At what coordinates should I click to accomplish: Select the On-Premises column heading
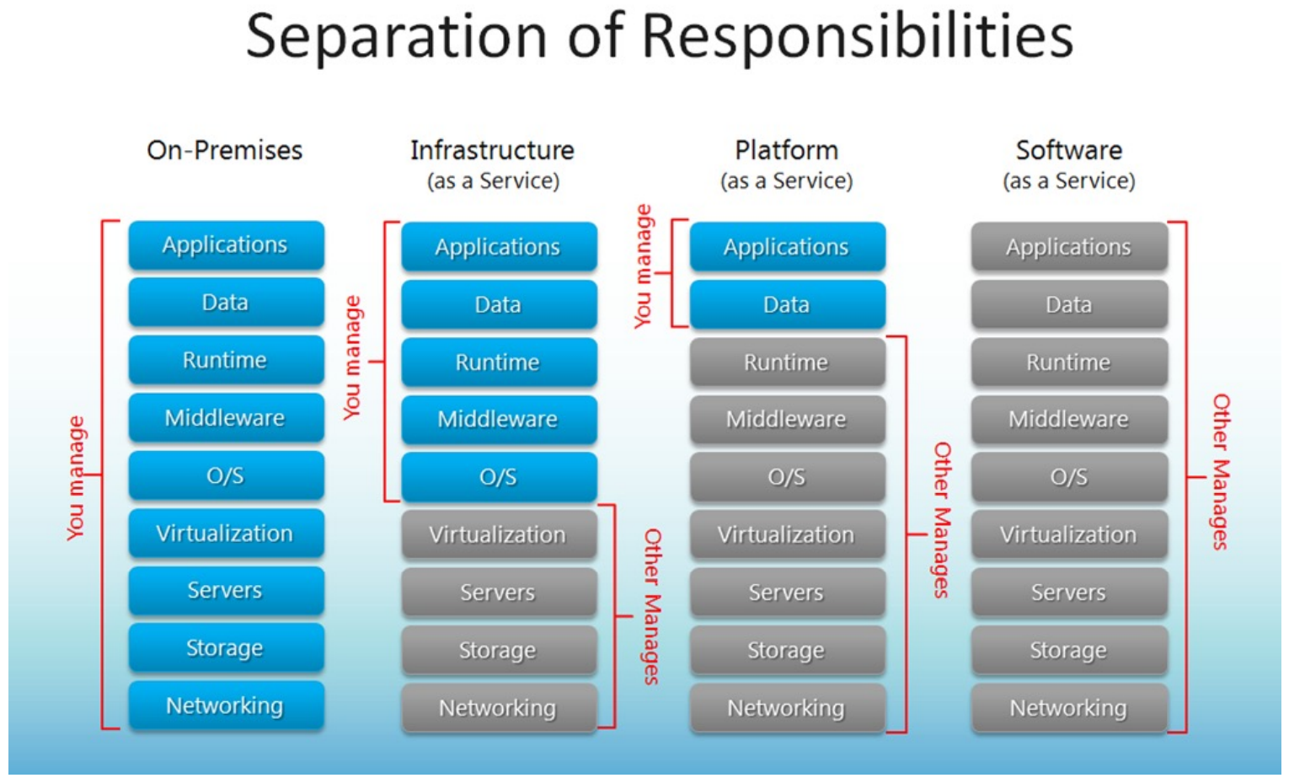click(x=224, y=150)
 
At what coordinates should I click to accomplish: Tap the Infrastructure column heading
click(x=492, y=150)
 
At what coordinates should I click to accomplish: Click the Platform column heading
click(x=786, y=150)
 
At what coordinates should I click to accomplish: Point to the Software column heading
click(x=1068, y=150)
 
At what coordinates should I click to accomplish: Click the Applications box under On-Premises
click(x=226, y=244)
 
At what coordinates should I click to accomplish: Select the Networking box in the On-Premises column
click(x=226, y=706)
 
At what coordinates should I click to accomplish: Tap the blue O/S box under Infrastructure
click(x=499, y=477)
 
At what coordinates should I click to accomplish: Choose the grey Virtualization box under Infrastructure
click(x=499, y=534)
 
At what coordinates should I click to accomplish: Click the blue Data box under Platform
click(x=787, y=304)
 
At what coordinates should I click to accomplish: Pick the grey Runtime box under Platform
click(x=787, y=362)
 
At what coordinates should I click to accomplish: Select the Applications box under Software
click(x=1068, y=247)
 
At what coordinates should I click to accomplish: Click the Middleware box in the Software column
click(x=1068, y=419)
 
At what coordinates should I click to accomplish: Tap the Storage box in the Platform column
click(x=787, y=650)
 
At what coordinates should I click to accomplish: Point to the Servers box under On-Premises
click(x=226, y=590)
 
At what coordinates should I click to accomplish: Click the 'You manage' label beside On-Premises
click(x=77, y=478)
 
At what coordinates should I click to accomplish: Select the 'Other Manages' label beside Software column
click(x=1220, y=472)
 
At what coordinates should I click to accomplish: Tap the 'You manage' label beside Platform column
click(x=643, y=266)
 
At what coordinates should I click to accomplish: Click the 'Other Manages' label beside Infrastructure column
click(x=652, y=607)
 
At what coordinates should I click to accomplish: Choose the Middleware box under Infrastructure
click(x=499, y=419)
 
